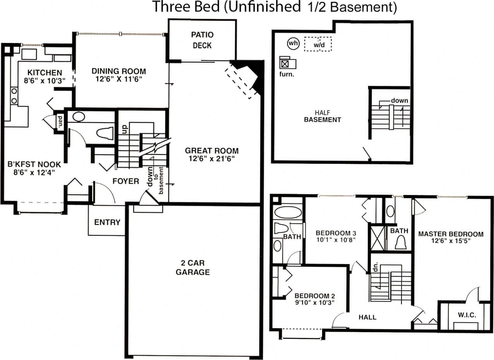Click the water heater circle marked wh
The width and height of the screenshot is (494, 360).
(x=293, y=43)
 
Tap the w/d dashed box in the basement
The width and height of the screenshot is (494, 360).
(x=318, y=44)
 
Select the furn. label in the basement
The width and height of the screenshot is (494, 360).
(x=286, y=74)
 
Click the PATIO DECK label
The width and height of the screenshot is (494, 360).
(x=202, y=40)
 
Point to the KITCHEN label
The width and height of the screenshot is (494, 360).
(x=45, y=72)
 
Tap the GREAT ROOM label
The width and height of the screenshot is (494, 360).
(x=211, y=151)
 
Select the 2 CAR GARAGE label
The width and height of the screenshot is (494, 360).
(x=193, y=267)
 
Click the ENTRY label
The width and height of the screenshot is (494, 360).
(x=107, y=223)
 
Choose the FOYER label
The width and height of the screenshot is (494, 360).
(x=126, y=181)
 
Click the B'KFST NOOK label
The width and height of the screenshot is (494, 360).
(x=34, y=165)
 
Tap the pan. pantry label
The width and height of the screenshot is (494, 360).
(x=60, y=121)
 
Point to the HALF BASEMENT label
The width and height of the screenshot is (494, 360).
(x=322, y=117)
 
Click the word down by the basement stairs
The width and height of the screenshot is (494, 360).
(x=399, y=101)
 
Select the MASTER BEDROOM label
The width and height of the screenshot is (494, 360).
(x=451, y=234)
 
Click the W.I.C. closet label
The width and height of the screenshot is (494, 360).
(x=467, y=315)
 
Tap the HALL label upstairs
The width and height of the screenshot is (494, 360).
(x=367, y=317)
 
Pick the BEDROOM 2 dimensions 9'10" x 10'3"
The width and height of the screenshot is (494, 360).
(x=314, y=302)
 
